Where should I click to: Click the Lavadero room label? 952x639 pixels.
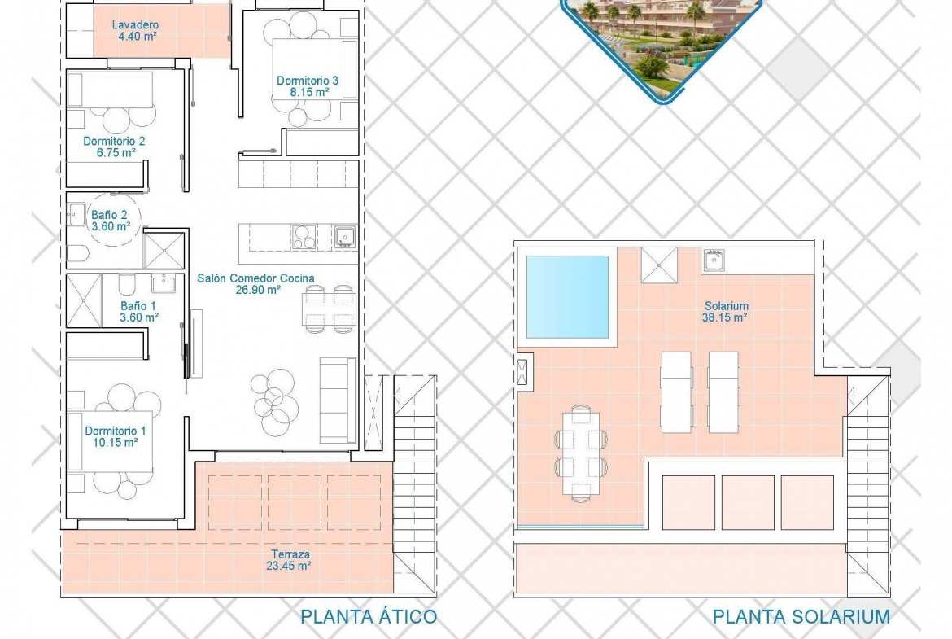pyautogui.click(x=135, y=25)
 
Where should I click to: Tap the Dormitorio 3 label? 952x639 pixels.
pyautogui.click(x=308, y=80)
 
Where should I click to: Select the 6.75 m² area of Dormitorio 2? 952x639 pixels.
pyautogui.click(x=116, y=153)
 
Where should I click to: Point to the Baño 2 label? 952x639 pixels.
pyautogui.click(x=109, y=215)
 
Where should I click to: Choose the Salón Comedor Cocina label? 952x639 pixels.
pyautogui.click(x=255, y=278)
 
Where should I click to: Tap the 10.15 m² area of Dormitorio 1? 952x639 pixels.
pyautogui.click(x=116, y=443)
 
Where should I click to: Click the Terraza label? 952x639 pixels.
pyautogui.click(x=290, y=554)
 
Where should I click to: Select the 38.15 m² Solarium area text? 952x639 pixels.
pyautogui.click(x=724, y=317)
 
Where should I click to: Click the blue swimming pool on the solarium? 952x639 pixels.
pyautogui.click(x=567, y=297)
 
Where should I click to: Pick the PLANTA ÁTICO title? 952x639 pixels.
pyautogui.click(x=369, y=617)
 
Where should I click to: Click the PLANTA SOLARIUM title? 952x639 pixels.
pyautogui.click(x=801, y=617)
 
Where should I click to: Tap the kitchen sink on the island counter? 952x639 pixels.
pyautogui.click(x=345, y=237)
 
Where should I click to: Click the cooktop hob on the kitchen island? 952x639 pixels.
pyautogui.click(x=304, y=237)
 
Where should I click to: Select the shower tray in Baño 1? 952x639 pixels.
pyautogui.click(x=84, y=300)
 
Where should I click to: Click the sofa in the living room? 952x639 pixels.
pyautogui.click(x=338, y=400)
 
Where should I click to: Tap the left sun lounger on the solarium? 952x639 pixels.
pyautogui.click(x=676, y=392)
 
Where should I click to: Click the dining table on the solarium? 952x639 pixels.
pyautogui.click(x=580, y=453)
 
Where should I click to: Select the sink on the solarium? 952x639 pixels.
pyautogui.click(x=714, y=260)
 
